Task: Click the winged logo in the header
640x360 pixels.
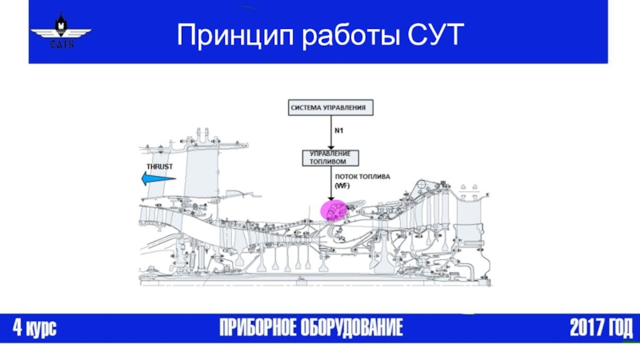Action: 60,32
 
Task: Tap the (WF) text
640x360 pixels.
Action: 342,186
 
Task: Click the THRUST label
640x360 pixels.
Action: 158,166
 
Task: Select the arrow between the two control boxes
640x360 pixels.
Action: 330,131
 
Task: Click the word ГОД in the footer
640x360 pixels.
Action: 619,328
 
